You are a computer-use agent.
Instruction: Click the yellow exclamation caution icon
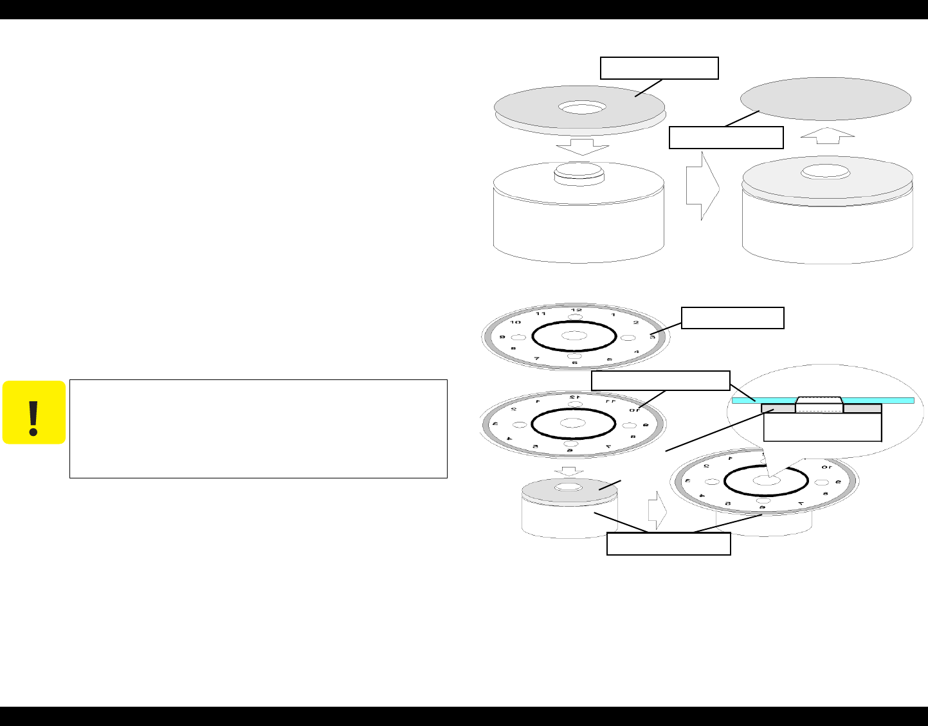[x=33, y=412]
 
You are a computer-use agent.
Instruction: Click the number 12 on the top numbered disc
[x=576, y=310]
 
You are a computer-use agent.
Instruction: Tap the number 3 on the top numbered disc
[x=652, y=336]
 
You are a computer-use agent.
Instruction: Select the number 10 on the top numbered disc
[x=516, y=322]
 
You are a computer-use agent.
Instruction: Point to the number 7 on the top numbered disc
[x=536, y=358]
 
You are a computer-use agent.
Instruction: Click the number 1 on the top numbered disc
[x=613, y=315]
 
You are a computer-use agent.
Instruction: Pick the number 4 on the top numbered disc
[x=637, y=352]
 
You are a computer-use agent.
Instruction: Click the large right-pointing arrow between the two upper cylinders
[x=702, y=186]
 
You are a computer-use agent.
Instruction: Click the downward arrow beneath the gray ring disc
[x=582, y=147]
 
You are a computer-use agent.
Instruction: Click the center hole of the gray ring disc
[x=581, y=107]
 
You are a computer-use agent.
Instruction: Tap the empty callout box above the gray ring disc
[x=659, y=68]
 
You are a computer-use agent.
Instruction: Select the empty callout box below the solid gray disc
[x=726, y=138]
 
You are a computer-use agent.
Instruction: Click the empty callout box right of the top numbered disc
[x=732, y=318]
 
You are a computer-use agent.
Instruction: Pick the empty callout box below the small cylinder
[x=669, y=543]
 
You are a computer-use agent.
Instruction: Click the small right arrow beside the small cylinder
[x=657, y=511]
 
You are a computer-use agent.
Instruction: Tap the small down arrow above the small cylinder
[x=569, y=471]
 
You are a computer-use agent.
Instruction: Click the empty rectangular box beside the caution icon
[x=258, y=428]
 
